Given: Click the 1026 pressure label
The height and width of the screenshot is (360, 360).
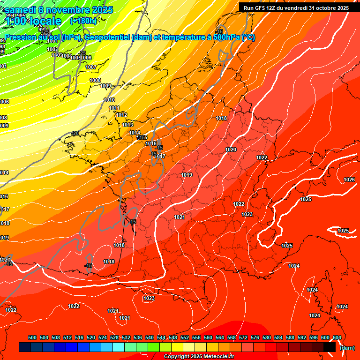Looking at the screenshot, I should point(349,180).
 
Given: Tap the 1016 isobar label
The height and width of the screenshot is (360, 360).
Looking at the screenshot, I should point(151,144).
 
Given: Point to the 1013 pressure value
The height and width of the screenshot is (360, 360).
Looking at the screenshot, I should point(127,125).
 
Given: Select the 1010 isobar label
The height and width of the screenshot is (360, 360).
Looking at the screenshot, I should point(109,100).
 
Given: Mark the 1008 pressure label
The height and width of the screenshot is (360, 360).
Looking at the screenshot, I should point(95,80).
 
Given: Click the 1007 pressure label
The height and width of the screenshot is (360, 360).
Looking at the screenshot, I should point(91,67).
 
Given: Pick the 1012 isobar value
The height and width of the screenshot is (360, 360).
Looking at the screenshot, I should point(121,115).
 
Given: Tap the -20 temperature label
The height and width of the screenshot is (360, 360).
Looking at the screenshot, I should point(75,133).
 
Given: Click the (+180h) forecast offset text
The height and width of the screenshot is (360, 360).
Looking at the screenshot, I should point(83,21).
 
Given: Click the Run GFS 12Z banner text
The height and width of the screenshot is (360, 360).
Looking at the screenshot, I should point(296,7).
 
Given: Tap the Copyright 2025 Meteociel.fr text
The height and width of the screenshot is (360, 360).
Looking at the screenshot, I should point(199,357).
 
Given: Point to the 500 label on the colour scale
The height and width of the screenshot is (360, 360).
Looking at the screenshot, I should point(32,337).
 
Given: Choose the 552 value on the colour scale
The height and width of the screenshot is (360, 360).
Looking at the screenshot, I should point(185,337).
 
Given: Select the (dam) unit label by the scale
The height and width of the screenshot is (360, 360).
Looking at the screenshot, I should point(347,348).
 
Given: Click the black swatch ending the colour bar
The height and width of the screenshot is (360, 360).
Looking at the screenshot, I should point(329,347).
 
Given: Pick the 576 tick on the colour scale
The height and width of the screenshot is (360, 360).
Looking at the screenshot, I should point(255,337).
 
